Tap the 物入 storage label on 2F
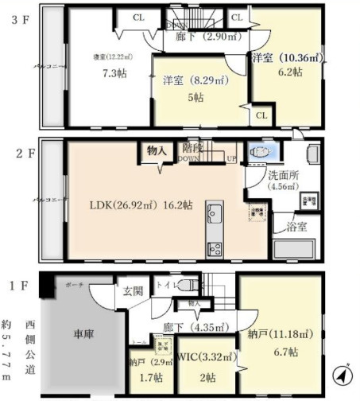coord(155,149)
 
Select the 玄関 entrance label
coord(133,291)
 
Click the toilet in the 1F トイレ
coord(188,285)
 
